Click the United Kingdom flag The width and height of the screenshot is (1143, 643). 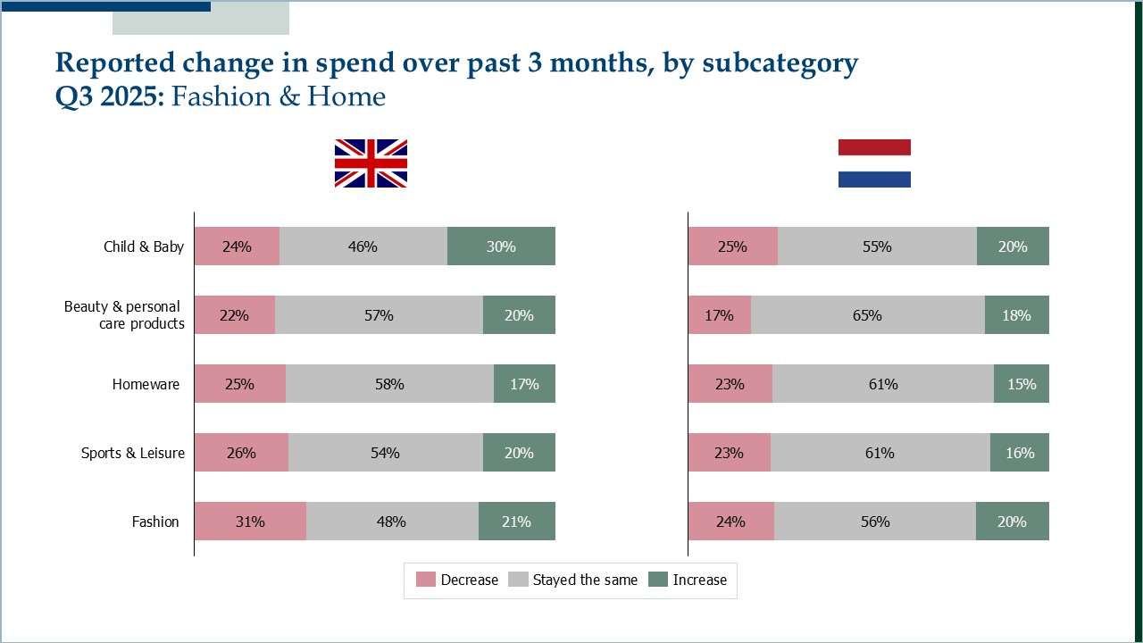tap(371, 163)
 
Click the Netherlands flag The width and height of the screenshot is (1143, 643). tap(874, 163)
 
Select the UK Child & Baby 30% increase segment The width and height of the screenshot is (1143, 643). tap(501, 246)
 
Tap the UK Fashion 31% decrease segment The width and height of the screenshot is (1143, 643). tap(250, 522)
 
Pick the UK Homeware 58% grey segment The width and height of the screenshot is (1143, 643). tap(389, 384)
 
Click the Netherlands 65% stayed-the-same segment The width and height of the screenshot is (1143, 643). tap(867, 315)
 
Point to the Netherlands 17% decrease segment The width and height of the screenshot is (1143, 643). tap(719, 315)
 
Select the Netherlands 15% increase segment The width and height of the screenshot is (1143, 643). tap(1022, 384)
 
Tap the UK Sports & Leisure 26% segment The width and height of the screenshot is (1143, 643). tap(241, 453)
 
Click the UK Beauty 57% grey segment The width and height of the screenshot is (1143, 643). tap(379, 315)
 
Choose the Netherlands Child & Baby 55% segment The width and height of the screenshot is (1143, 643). tap(877, 246)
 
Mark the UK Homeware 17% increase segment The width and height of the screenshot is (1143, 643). tap(524, 384)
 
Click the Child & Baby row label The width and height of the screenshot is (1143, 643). tap(144, 246)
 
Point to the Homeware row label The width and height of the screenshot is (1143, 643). tap(146, 384)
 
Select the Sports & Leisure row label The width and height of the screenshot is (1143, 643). tap(133, 453)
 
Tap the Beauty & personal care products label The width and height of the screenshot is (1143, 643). tap(125, 315)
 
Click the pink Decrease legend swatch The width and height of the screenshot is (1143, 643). tap(426, 580)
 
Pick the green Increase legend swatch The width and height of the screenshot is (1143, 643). tap(658, 580)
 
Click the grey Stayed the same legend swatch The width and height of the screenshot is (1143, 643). tap(518, 580)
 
